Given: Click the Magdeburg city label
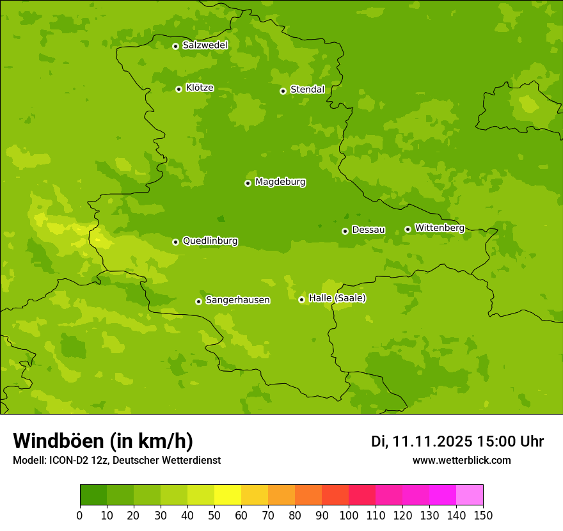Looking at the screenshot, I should pyautogui.click(x=280, y=182).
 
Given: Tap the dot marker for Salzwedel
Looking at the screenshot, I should pyautogui.click(x=175, y=46).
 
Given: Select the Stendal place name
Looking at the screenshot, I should pyautogui.click(x=308, y=90).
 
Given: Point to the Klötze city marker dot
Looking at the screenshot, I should pyautogui.click(x=178, y=89).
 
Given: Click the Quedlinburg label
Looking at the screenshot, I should pyautogui.click(x=210, y=241).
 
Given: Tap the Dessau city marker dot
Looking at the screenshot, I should pyautogui.click(x=345, y=231).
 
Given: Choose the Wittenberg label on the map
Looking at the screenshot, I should pyautogui.click(x=440, y=228).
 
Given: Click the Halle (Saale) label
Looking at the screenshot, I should pyautogui.click(x=337, y=298).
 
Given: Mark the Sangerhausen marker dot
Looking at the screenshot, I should pyautogui.click(x=198, y=301).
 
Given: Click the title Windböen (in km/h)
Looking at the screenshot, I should pyautogui.click(x=103, y=441).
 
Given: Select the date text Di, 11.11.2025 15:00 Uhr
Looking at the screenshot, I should pyautogui.click(x=457, y=441).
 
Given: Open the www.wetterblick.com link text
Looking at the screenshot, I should pyautogui.click(x=462, y=460).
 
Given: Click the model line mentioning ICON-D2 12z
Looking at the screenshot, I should pyautogui.click(x=116, y=460).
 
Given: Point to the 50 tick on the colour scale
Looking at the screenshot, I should pyautogui.click(x=214, y=515).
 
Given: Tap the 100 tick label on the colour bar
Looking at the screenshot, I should pyautogui.click(x=349, y=515).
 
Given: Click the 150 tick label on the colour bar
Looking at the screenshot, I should pyautogui.click(x=483, y=515).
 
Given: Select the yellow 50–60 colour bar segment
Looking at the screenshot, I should pyautogui.click(x=228, y=495).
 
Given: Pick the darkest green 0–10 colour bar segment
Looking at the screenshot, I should pyautogui.click(x=93, y=495).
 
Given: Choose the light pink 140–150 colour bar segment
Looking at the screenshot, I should pyautogui.click(x=470, y=495).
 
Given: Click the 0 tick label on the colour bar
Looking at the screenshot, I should pyautogui.click(x=80, y=515).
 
